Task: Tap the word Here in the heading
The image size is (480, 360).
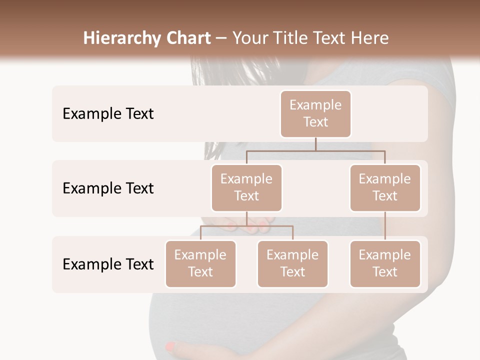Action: pyautogui.click(x=370, y=38)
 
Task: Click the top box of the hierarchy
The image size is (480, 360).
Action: pyautogui.click(x=315, y=114)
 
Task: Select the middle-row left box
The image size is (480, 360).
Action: pyautogui.click(x=246, y=188)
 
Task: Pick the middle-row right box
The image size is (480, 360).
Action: pyautogui.click(x=384, y=188)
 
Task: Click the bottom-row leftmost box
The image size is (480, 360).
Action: pyautogui.click(x=200, y=264)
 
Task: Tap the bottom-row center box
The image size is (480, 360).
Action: pyautogui.click(x=292, y=264)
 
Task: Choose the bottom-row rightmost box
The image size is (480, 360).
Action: pyautogui.click(x=384, y=264)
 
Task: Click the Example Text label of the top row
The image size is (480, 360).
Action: pyautogui.click(x=108, y=114)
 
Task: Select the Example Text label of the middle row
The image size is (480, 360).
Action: pyautogui.click(x=108, y=188)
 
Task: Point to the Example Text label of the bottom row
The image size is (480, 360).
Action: pyautogui.click(x=108, y=264)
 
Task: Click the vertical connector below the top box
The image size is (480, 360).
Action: pyautogui.click(x=315, y=144)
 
